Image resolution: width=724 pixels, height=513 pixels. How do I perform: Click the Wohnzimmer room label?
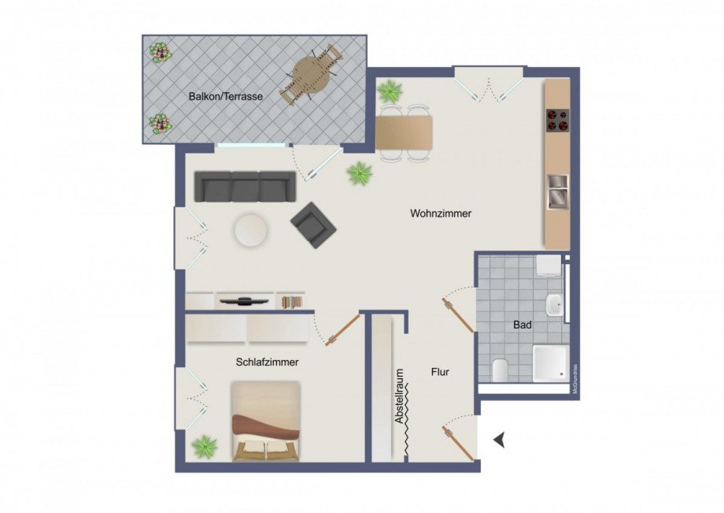pyautogui.click(x=441, y=214)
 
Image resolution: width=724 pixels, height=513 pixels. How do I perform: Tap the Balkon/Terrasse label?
pyautogui.click(x=225, y=97)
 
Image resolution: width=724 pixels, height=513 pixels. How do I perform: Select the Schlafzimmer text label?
pyautogui.click(x=267, y=362)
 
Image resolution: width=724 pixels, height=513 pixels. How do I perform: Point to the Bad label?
pyautogui.click(x=522, y=324)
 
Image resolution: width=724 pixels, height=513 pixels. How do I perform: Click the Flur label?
pyautogui.click(x=440, y=372)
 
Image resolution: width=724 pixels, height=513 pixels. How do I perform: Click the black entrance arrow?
pyautogui.click(x=500, y=441)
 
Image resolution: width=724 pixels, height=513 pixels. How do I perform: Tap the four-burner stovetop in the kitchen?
pyautogui.click(x=558, y=120)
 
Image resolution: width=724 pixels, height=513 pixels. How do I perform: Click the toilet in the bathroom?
pyautogui.click(x=499, y=369)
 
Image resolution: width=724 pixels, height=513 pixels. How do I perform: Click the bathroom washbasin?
pyautogui.click(x=555, y=303)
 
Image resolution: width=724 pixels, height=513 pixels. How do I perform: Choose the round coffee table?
pyautogui.click(x=250, y=230)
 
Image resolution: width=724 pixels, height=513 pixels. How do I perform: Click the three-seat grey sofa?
pyautogui.click(x=245, y=186)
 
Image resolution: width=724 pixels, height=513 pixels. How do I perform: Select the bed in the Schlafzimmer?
pyautogui.click(x=266, y=422)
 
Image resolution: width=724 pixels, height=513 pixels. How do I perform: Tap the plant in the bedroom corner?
pyautogui.click(x=205, y=445)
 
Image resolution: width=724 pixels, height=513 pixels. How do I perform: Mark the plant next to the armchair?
pyautogui.click(x=360, y=173)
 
